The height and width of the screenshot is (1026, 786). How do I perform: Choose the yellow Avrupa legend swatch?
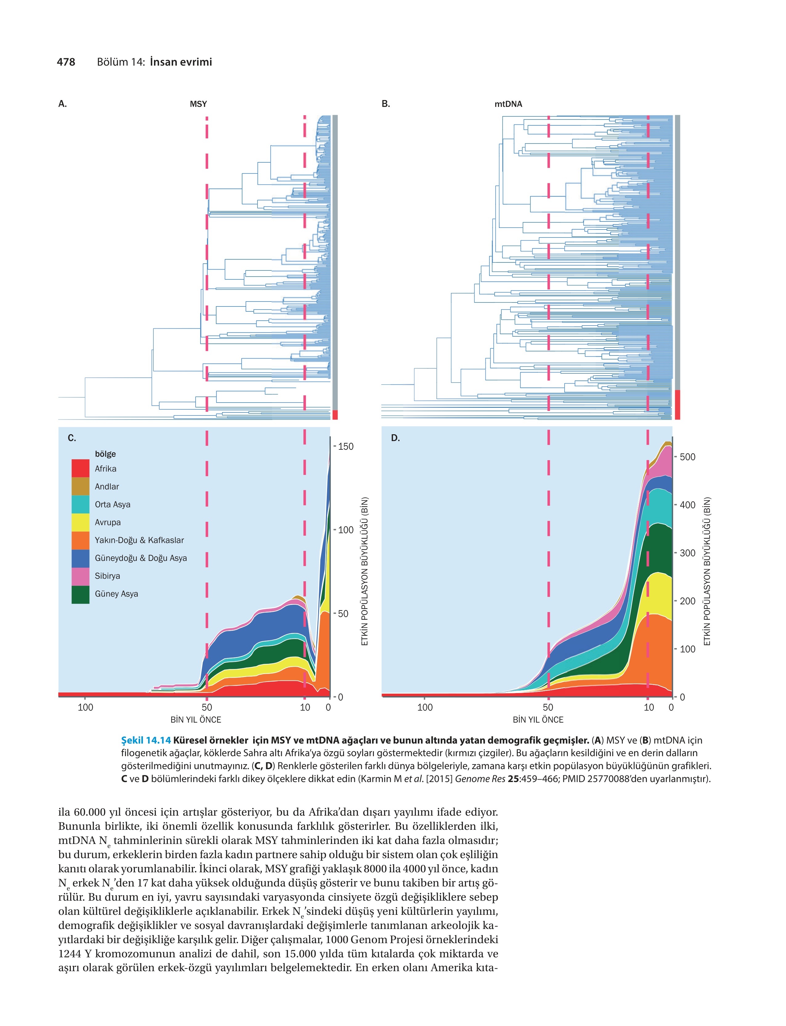[80, 522]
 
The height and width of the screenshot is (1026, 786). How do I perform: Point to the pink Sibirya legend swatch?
[80, 576]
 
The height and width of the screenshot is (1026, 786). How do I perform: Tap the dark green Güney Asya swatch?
[80, 594]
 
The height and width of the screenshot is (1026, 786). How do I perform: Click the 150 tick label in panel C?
[346, 446]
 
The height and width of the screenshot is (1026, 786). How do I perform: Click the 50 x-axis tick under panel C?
[207, 708]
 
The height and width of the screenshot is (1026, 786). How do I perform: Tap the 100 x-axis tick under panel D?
[425, 708]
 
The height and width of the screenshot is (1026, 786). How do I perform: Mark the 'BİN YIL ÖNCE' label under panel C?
[196, 720]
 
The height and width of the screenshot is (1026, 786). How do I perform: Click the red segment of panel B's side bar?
[678, 405]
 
